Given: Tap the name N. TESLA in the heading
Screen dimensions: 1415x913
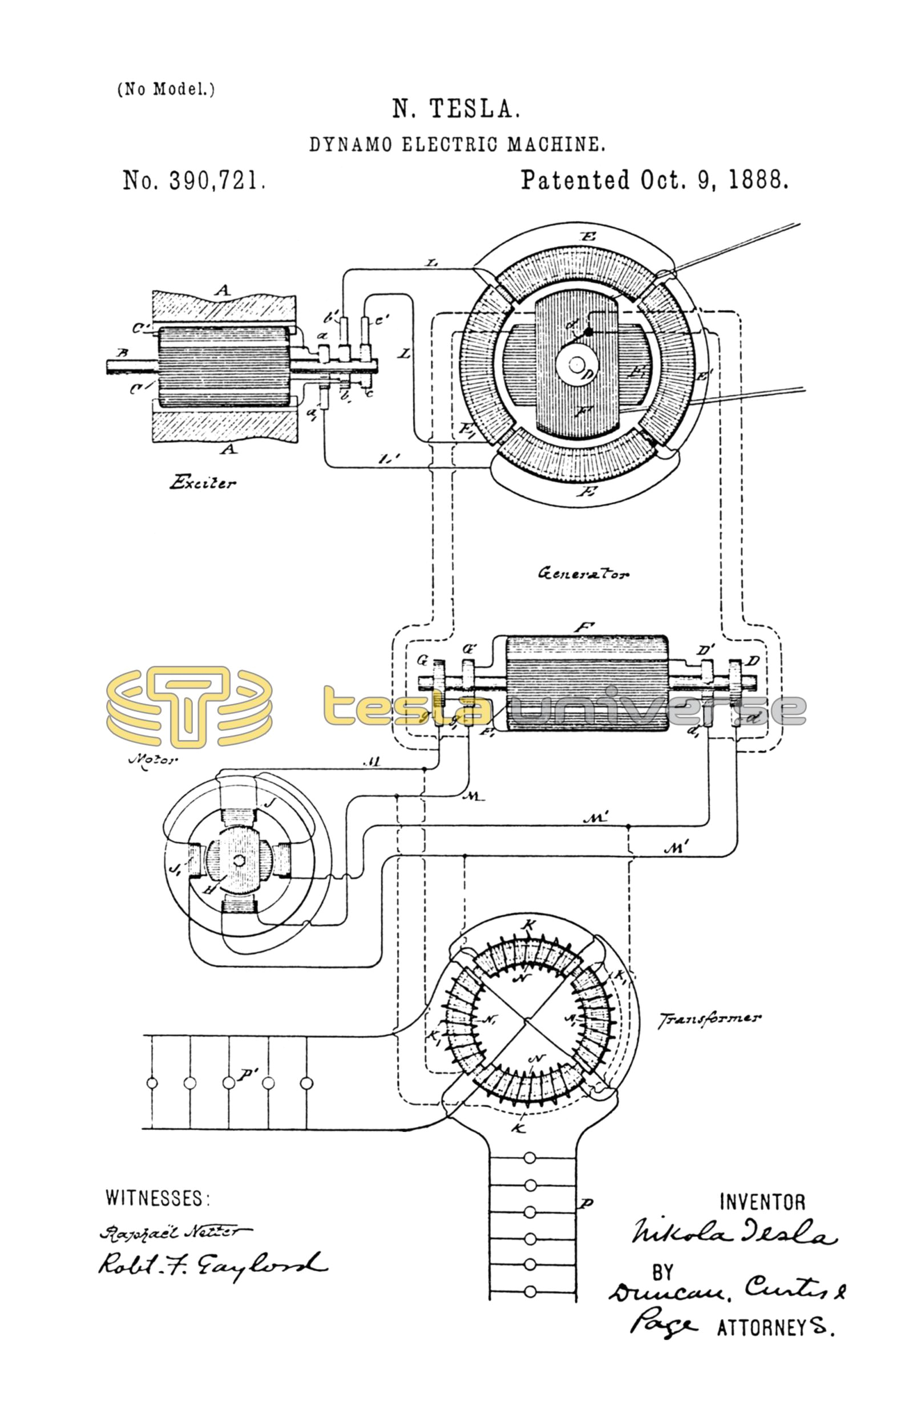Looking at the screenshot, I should point(456,109).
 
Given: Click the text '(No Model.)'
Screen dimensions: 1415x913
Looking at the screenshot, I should point(166,90).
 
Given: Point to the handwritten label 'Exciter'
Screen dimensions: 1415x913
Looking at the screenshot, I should point(202,483).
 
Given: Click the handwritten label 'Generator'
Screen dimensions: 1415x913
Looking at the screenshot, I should point(583,573).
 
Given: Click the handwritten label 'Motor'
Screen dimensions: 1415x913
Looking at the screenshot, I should point(153,759).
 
